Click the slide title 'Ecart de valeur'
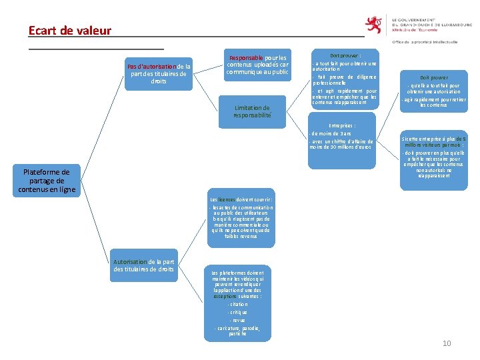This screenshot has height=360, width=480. [70, 31]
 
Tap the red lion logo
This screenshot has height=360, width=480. [376, 25]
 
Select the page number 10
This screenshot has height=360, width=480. [447, 343]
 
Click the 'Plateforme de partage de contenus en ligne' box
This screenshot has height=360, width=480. [47, 181]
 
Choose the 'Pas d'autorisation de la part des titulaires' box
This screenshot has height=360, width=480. [159, 73]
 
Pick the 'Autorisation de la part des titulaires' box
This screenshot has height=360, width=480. [144, 265]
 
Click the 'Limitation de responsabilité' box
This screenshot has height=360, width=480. [252, 111]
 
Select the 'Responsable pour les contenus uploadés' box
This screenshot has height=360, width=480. [257, 65]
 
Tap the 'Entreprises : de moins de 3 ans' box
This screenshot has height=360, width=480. [342, 137]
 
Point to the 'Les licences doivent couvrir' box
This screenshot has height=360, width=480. [241, 219]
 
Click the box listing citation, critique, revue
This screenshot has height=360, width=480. [238, 303]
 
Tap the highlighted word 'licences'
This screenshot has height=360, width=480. [227, 199]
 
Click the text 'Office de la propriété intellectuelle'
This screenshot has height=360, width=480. [425, 42]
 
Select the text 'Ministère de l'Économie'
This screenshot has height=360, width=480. [415, 30]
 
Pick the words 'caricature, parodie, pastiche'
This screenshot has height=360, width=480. [238, 331]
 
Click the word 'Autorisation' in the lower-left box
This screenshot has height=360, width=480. [129, 262]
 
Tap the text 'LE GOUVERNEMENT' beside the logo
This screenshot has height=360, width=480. [418, 20]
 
